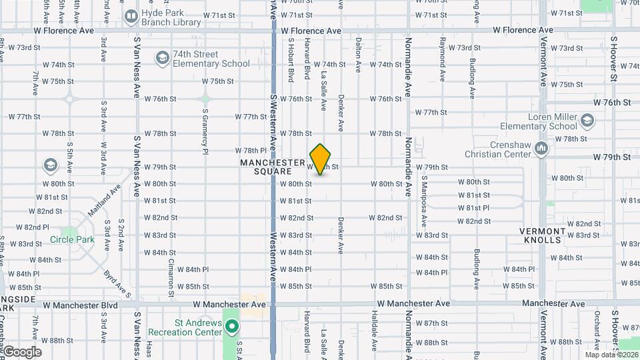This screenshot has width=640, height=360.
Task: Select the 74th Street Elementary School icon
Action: [161, 59]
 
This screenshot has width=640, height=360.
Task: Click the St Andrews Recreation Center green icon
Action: [232, 327]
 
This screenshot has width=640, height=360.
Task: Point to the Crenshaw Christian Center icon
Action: [541, 149]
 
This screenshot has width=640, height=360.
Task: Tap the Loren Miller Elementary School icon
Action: [587, 121]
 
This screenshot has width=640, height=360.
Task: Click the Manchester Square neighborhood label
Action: [272, 167]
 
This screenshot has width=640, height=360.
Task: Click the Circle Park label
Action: [76, 239]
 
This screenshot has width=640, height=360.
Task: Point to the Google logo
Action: [21, 351]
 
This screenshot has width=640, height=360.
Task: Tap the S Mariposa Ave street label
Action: [424, 197]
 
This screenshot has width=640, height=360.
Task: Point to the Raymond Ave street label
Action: [442, 59]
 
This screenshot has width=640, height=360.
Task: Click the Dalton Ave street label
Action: [358, 55]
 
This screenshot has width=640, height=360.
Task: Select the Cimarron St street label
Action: [171, 279]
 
